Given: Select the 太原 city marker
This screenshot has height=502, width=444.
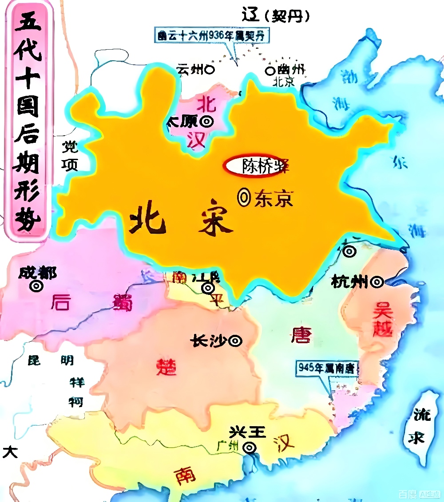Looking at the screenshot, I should tap(207, 121).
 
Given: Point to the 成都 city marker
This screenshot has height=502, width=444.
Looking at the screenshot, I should tap(36, 286).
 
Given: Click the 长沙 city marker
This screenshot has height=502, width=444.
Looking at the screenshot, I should tap(236, 341).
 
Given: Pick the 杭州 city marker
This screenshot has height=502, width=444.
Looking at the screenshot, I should tap(377, 282).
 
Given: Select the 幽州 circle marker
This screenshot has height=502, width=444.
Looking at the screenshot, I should tap(270, 70).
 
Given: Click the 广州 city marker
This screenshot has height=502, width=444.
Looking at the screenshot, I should tap(250, 448).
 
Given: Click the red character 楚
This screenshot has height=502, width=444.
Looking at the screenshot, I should tap(166, 366).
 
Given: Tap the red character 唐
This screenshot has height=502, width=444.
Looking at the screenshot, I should tap(301, 335).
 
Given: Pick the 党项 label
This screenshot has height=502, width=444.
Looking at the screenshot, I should tap(70, 156).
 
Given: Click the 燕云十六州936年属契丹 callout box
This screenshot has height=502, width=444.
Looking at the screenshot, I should tap(213, 35).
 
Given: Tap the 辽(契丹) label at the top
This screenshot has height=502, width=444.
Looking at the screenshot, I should tap(275, 16).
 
